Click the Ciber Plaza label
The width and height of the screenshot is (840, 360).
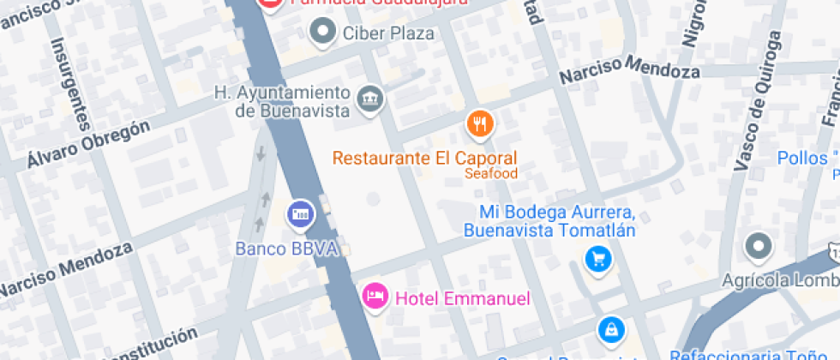[x=388, y=34]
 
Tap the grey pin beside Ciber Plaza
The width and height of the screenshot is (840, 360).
[x=322, y=33]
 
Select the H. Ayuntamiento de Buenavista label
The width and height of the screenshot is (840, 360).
[x=282, y=101]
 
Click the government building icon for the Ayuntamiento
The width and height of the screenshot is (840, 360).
[x=370, y=98]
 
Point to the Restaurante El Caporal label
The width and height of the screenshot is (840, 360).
[x=424, y=159]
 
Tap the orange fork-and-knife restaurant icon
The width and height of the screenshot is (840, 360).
[x=480, y=124]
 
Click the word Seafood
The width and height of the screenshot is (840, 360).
[x=491, y=174]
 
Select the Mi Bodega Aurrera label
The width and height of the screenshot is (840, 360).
[x=557, y=221]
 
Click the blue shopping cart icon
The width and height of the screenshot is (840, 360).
[x=597, y=259]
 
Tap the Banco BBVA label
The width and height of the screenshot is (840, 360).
[x=287, y=249]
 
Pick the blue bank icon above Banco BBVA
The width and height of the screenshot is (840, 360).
[x=300, y=213]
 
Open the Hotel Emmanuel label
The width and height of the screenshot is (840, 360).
[x=462, y=299]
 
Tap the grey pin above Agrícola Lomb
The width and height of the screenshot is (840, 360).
[x=759, y=247]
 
